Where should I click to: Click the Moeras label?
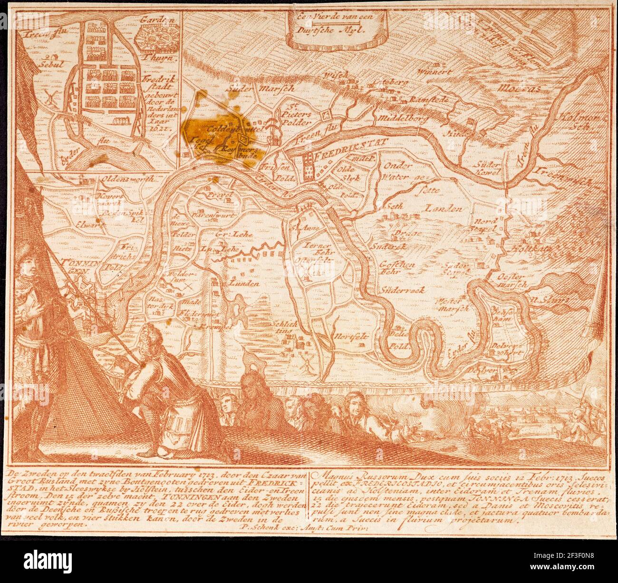516,88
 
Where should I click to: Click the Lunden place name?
244,283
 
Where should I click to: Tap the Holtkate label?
525,249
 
